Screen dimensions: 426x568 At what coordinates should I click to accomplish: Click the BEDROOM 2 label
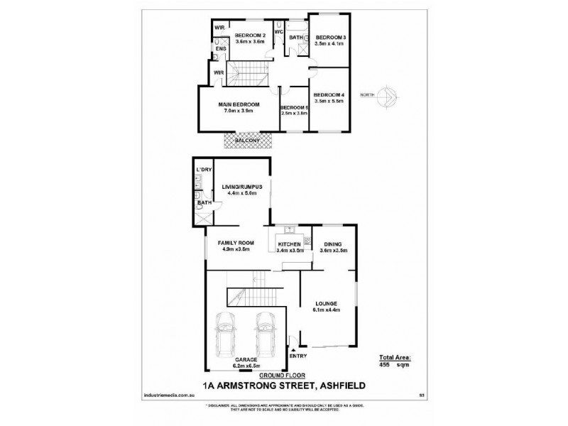coord(250,36)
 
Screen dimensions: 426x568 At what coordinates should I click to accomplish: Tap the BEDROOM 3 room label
coord(330,37)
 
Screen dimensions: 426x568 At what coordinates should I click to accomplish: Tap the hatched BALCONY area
coord(248,141)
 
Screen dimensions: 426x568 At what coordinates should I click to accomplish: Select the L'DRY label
coord(204,170)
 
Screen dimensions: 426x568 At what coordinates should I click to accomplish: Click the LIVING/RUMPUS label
coord(243,186)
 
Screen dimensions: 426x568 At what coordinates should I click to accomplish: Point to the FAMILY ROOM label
coord(235,244)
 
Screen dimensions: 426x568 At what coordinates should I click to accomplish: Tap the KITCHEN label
coord(290,245)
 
